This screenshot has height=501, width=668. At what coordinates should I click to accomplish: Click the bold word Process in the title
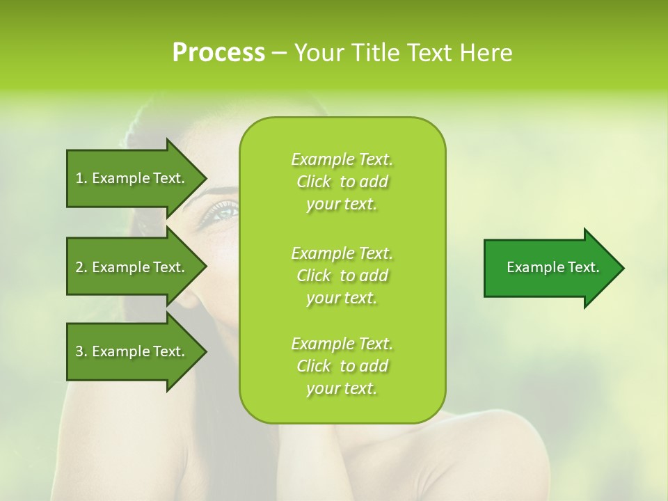(218, 53)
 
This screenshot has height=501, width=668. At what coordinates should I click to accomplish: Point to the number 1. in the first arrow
(81, 178)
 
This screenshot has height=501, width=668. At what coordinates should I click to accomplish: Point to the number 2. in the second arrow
(81, 267)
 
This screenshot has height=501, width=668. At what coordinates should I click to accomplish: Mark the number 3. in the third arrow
(81, 351)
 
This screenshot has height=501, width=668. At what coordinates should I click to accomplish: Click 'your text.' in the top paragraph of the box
(342, 205)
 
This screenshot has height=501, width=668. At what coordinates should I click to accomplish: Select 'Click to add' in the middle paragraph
(342, 276)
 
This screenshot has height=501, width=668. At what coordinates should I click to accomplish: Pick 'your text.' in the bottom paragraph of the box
(342, 389)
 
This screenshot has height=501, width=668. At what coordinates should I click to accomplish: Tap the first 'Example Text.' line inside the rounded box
(342, 159)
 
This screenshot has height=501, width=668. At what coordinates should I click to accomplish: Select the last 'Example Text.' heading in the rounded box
(342, 344)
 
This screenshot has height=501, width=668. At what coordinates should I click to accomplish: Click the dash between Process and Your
(279, 54)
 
